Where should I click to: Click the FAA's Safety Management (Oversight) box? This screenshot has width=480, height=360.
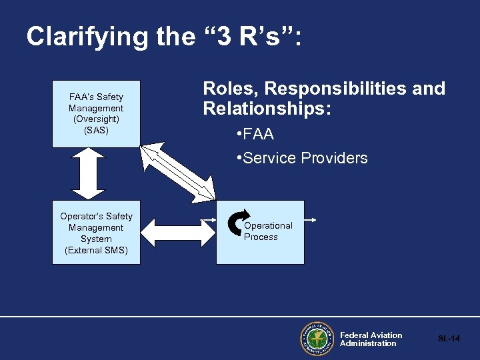click(96, 113)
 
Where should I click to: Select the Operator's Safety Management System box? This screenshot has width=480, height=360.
click(96, 232)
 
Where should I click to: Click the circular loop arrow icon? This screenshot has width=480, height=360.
click(237, 223)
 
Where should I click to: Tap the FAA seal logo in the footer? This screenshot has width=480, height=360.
click(317, 339)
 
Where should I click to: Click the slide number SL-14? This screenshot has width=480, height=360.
click(449, 339)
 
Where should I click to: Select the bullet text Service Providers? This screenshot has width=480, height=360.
click(305, 158)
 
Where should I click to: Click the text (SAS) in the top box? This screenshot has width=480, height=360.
click(96, 130)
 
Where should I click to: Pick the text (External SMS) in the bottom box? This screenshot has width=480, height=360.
click(96, 250)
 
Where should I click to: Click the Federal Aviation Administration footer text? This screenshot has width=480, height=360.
click(371, 339)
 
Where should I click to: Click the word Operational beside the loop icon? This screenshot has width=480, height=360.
click(268, 226)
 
